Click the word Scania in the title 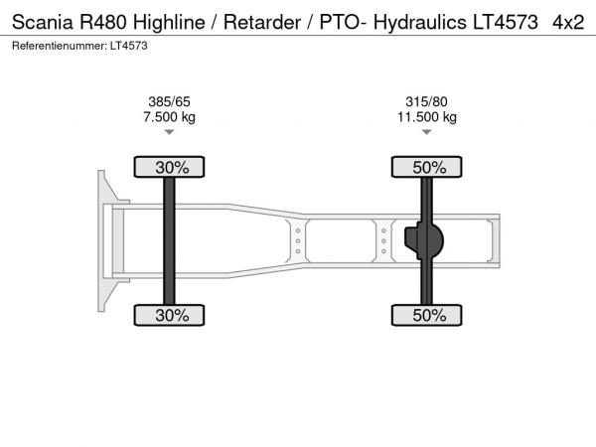tap(42, 22)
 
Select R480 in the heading tap(103, 22)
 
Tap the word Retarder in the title tap(262, 22)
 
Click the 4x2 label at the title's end tap(568, 23)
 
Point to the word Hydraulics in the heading tap(420, 23)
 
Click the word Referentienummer tap(60, 46)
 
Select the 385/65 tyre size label tap(169, 102)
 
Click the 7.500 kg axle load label tap(169, 116)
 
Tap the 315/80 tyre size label tap(426, 102)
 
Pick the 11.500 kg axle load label tap(427, 116)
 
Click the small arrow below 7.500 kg tap(169, 132)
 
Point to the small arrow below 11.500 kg tap(427, 132)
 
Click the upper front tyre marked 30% tap(169, 167)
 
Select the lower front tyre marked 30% tap(169, 315)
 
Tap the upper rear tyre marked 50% tap(427, 167)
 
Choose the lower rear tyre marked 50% tap(427, 315)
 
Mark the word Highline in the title tap(169, 22)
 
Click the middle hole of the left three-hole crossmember tap(298, 241)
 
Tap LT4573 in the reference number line tap(129, 46)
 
